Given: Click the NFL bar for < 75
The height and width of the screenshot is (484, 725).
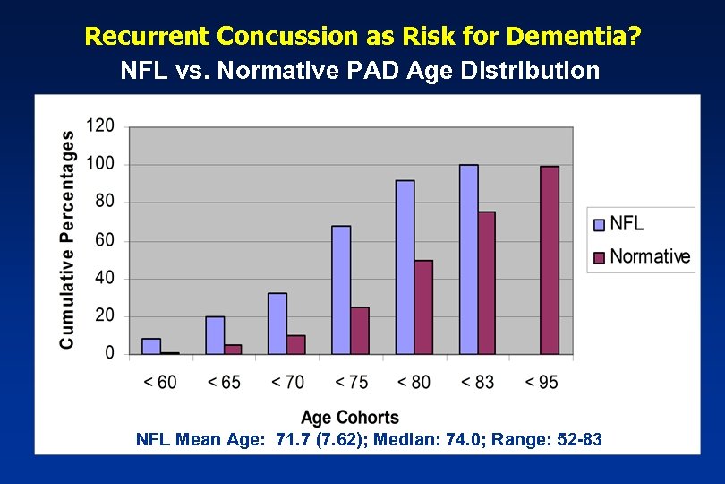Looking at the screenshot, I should tap(341, 290).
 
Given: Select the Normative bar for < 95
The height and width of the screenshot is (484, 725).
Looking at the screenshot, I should tap(550, 260).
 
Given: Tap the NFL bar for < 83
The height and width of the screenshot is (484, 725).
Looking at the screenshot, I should tap(468, 259).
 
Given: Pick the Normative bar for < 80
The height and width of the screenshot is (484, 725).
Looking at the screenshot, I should tap(423, 307).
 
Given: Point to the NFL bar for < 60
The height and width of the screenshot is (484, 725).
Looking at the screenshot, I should tap(151, 346).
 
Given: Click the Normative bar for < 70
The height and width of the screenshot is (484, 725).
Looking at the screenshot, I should tap(296, 344).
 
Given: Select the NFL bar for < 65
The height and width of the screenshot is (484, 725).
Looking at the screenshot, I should tap(215, 335).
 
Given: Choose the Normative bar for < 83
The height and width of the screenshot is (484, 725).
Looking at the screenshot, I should tap(487, 282).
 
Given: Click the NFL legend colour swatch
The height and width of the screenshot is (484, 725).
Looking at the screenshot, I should tap(598, 224).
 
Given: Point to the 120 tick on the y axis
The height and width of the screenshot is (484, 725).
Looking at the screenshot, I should tap(101, 125).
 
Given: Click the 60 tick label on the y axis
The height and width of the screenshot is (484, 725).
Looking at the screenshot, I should tap(105, 240).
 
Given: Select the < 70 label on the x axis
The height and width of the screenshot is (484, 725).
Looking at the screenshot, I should tap(287, 382).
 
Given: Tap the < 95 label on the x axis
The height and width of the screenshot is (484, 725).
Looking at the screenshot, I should tap(541, 382).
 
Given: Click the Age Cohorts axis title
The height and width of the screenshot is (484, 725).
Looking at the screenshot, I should tap(350, 418).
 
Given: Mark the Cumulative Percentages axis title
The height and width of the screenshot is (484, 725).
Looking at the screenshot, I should tap(68, 239).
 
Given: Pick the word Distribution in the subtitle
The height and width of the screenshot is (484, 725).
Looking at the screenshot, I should tap(535, 71).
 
